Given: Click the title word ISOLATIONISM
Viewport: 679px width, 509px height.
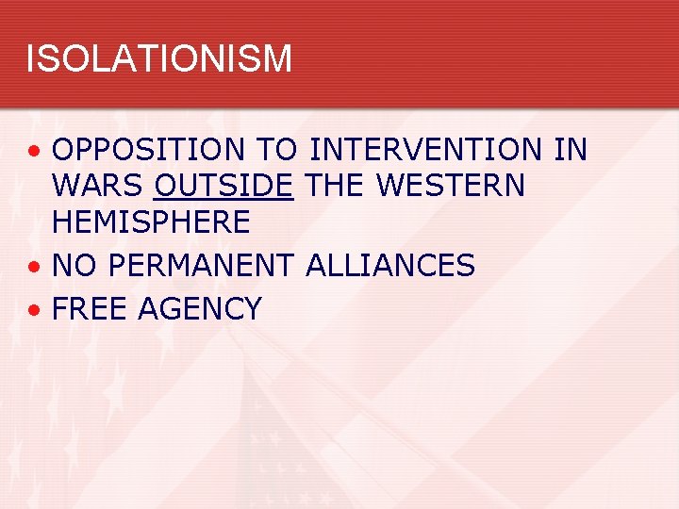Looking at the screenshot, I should pos(158,58).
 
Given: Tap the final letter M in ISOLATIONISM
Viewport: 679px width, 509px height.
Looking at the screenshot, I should pos(277,58).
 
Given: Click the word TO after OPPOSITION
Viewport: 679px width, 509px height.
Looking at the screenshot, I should pos(274,150).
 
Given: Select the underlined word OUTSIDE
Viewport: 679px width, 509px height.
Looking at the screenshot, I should pos(224,186).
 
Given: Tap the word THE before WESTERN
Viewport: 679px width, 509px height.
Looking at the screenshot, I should pos(336,186).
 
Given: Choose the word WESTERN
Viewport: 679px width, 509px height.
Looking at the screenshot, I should pos(450,186).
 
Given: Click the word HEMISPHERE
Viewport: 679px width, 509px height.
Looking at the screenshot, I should pos(151,222).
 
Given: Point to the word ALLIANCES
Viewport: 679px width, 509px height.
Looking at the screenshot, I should pos(390,266).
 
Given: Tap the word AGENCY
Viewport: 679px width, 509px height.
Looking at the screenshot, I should pos(200,308).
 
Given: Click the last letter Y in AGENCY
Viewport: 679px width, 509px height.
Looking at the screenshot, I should pos(251,308).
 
